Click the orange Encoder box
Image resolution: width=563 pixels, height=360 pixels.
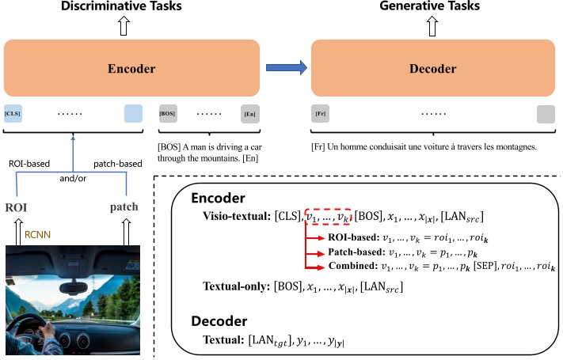(x=131, y=68)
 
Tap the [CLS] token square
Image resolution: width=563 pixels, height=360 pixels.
(x=13, y=113)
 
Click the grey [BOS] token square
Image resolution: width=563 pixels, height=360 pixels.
(x=168, y=113)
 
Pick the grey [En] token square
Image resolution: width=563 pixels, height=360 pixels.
(x=250, y=114)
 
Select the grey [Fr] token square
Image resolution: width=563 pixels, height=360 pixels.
(x=321, y=114)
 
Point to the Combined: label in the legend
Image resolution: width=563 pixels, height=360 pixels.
(x=355, y=266)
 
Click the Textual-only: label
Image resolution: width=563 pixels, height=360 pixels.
(x=237, y=288)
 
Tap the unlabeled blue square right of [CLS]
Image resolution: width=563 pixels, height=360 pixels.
(x=132, y=113)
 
